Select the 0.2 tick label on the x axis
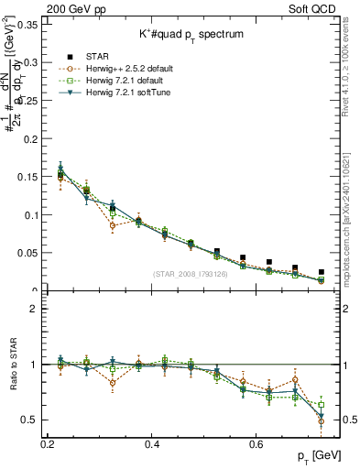coord(49,445)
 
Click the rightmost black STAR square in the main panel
coord(322,272)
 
